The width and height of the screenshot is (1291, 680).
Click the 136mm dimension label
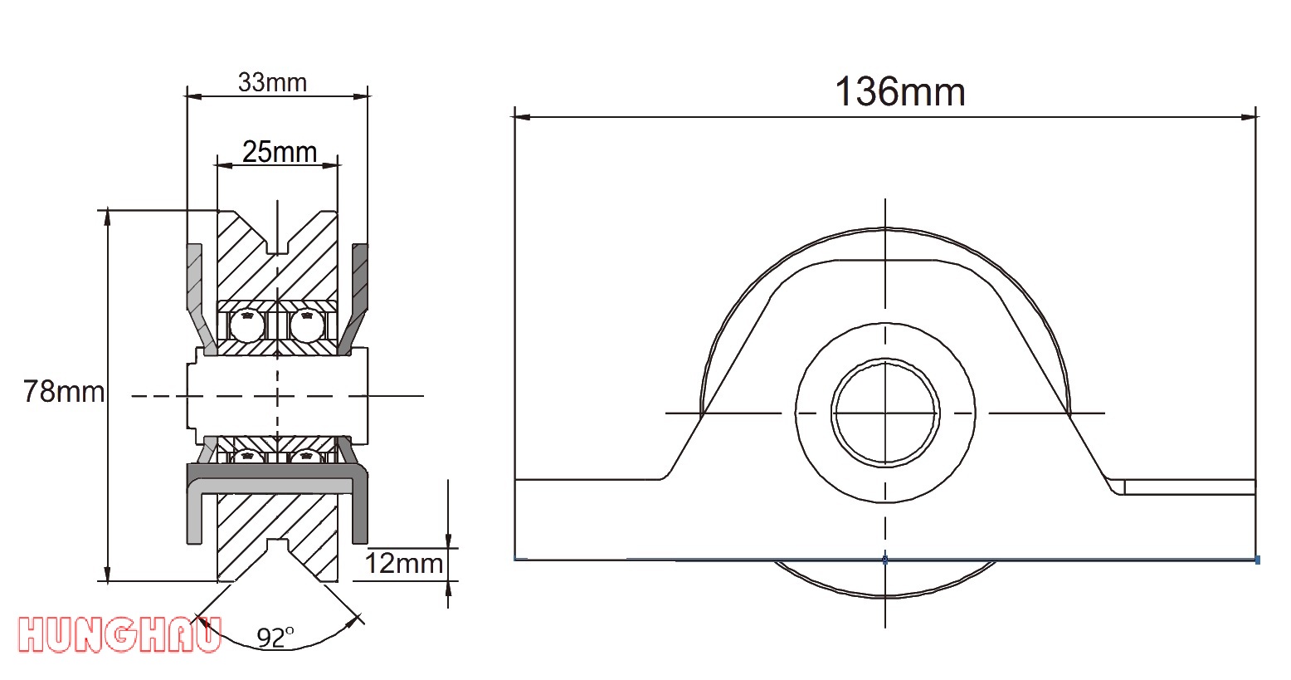tap(899, 91)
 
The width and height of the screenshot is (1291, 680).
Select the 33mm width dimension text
tap(272, 82)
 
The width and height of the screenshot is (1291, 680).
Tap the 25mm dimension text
tap(280, 152)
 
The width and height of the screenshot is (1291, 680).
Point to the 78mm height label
tap(64, 391)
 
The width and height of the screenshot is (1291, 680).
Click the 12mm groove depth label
tap(404, 563)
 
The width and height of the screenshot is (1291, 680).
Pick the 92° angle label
tap(275, 638)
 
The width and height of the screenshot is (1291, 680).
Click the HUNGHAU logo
tap(119, 635)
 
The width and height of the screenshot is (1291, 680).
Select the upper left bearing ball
tap(247, 325)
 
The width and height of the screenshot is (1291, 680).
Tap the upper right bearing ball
tap(306, 325)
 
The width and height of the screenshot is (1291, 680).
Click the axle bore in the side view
tap(885, 413)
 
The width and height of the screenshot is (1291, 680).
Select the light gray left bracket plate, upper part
tap(194, 278)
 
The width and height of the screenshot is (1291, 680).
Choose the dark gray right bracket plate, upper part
tap(361, 278)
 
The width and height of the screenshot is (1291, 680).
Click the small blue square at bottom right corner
tap(1257, 560)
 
